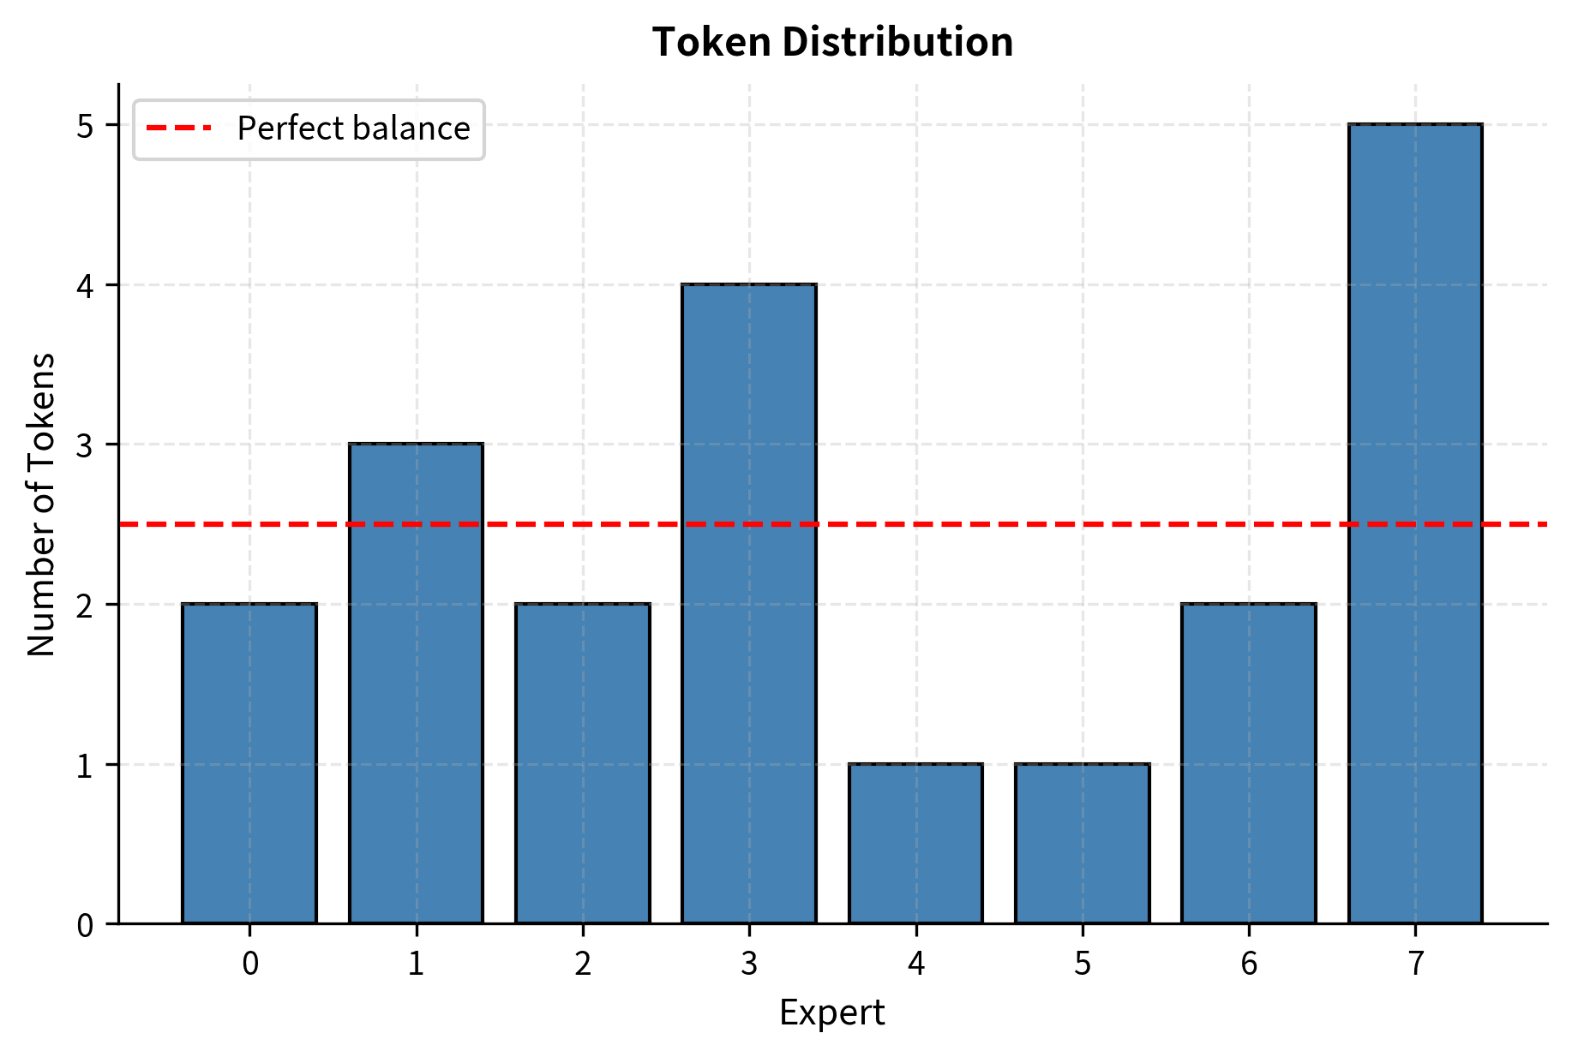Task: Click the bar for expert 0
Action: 249,763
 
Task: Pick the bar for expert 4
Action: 915,843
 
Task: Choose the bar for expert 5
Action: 1083,843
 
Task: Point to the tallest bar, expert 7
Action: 1415,523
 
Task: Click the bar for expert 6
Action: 1249,763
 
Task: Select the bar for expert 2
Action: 583,763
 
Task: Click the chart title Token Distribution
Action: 832,42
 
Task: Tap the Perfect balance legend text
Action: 353,128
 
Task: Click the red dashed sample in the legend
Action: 178,128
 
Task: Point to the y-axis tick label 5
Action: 85,126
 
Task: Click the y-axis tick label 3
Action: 85,445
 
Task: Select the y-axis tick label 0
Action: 85,925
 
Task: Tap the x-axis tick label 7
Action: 1415,964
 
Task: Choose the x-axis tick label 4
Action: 915,964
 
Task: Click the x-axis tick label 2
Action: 583,964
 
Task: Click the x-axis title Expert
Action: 831,1012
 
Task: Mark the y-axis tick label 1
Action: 85,765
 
